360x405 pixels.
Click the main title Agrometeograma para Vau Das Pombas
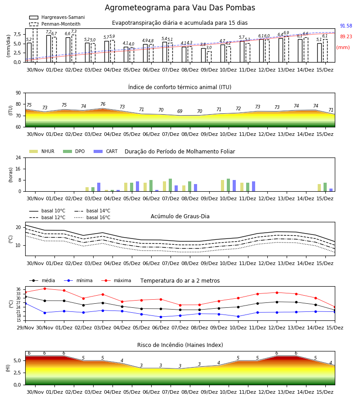[180, 8]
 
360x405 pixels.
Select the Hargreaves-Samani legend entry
[57, 17]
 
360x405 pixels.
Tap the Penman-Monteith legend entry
[55, 24]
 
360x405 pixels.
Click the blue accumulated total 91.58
[346, 26]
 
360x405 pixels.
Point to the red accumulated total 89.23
[346, 37]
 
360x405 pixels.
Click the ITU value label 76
[103, 104]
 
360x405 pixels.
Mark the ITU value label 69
[180, 111]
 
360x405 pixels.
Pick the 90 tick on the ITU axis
[18, 93]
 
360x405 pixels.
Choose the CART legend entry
[105, 151]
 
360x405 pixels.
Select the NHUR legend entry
[42, 151]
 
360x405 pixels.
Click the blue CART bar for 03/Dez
[99, 187]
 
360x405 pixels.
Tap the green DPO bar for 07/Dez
[170, 185]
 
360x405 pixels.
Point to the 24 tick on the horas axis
[18, 158]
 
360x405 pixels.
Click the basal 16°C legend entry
[92, 217]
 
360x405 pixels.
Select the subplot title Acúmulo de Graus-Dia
[180, 216]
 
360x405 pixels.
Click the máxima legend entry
[116, 280]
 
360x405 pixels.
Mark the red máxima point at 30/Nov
[45, 288]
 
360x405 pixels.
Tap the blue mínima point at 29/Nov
[25, 303]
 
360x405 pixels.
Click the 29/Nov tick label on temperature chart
[25, 328]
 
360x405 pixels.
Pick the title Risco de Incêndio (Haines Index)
[180, 345]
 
